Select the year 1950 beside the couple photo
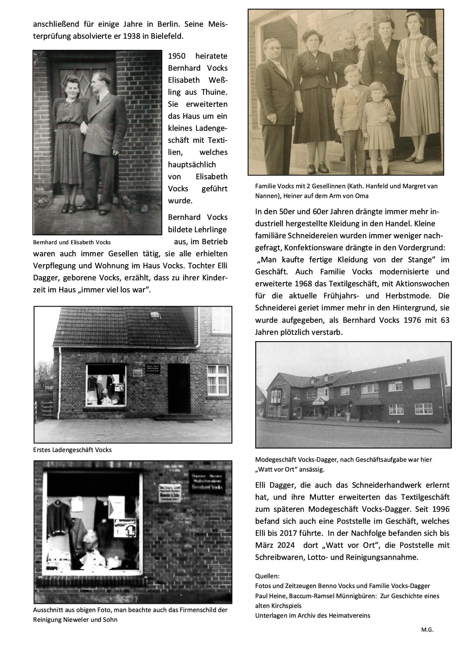click(177, 56)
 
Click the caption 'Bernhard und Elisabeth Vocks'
click(72, 242)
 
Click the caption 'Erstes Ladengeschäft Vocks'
click(72, 450)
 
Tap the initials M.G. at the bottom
click(427, 630)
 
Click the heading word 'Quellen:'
click(267, 576)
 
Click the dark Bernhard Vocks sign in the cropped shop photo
click(207, 482)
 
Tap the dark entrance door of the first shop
click(179, 388)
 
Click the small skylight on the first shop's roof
click(154, 314)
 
